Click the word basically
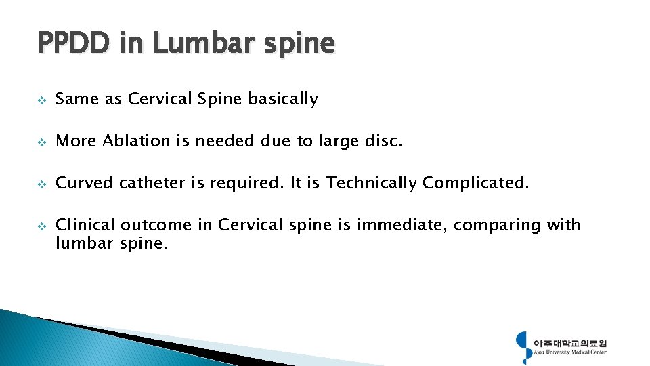click(282, 99)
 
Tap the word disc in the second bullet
click(387, 141)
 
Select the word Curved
click(84, 183)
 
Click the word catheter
click(150, 183)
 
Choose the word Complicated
click(475, 183)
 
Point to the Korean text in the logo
click(570, 342)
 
